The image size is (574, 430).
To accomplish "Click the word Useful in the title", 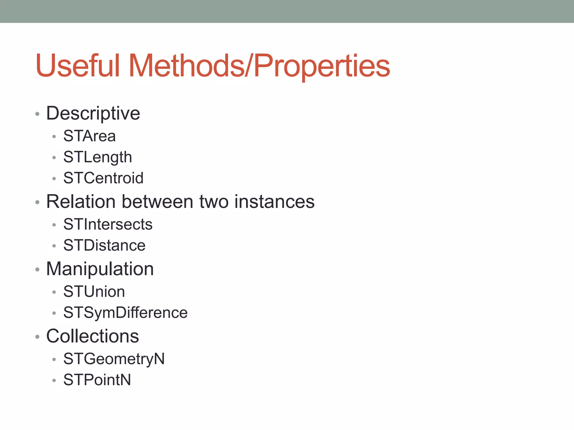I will click(78, 66).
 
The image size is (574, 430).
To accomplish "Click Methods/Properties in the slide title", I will click(259, 66).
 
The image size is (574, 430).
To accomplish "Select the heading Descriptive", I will click(93, 113).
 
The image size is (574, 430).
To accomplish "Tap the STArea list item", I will click(89, 136).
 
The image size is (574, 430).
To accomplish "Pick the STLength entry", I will click(98, 157).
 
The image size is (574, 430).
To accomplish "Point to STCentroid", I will click(103, 178).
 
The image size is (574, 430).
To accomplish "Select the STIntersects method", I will click(108, 224).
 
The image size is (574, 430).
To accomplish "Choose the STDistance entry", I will click(104, 246).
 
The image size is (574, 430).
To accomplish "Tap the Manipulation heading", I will click(100, 269).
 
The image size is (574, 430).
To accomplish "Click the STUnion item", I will click(94, 292).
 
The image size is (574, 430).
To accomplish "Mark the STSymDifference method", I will click(125, 313).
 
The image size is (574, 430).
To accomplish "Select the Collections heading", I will click(92, 336).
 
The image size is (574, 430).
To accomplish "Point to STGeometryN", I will click(114, 359).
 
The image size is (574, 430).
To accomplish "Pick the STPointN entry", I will click(97, 380).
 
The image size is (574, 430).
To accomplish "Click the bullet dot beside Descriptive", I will click(37, 114).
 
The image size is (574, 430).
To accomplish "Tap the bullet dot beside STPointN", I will click(54, 380).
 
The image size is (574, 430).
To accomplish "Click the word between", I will click(157, 202).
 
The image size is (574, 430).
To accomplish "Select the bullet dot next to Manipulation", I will click(37, 270).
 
